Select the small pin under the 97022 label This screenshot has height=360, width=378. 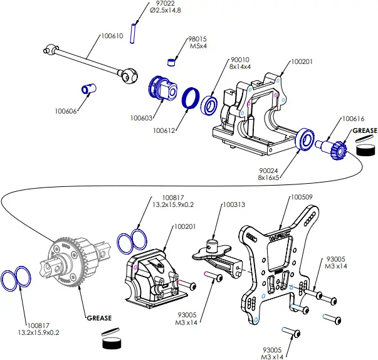coord(134,33)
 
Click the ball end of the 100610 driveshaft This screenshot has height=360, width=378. coord(129,77)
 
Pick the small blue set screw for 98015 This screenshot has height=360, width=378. coord(170,61)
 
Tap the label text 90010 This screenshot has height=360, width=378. coord(222,58)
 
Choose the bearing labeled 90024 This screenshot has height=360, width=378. coord(305,140)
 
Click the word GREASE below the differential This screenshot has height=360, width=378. coord(99,317)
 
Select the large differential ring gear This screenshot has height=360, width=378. coord(70,260)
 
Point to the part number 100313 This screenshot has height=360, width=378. coord(234,204)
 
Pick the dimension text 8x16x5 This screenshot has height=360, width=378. coord(270,177)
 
